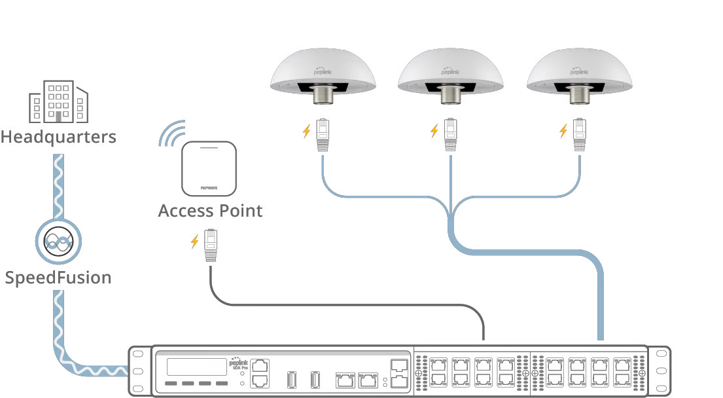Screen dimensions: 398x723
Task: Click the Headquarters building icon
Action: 58,103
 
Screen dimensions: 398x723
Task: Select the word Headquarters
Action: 58,137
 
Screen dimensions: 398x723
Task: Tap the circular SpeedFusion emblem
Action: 58,242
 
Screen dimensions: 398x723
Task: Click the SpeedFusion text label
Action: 58,278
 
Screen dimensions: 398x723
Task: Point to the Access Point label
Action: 210,211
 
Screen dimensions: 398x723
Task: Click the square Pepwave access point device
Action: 209,169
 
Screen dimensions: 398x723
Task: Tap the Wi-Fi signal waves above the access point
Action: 171,133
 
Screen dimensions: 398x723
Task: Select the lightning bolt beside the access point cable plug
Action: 194,242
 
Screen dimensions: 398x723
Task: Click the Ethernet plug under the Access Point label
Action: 211,245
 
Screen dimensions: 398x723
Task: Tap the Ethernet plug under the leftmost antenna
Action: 323,135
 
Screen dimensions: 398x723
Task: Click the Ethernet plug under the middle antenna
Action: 450,135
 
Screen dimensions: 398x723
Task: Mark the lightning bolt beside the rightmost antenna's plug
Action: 563,131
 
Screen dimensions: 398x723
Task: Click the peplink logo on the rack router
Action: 239,362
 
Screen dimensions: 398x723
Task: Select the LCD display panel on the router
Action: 196,367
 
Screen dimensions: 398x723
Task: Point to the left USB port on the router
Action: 292,379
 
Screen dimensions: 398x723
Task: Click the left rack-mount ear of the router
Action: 137,371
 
